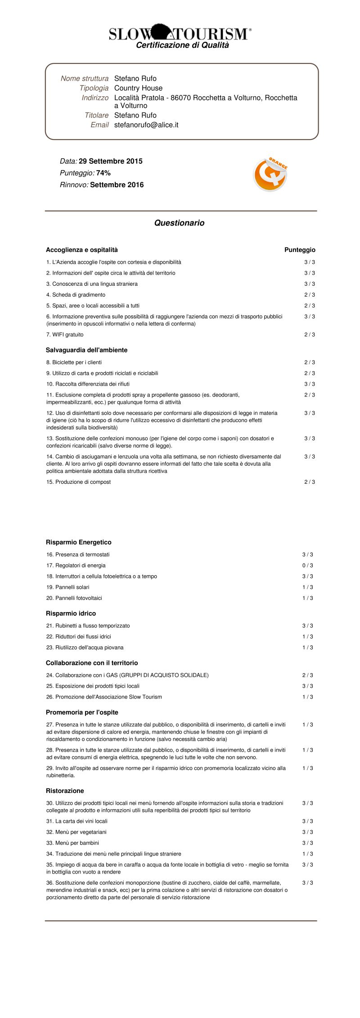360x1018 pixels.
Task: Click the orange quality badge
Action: [x=270, y=175]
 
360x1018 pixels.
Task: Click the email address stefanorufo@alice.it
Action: [x=146, y=125]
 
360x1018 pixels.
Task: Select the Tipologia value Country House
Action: [x=138, y=88]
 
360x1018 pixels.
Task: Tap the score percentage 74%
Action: [x=103, y=173]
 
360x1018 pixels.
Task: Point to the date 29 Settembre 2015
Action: [x=110, y=161]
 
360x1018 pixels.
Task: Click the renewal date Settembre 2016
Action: [x=117, y=185]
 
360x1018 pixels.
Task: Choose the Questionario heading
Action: [x=179, y=223]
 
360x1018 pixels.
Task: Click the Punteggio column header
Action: [x=300, y=250]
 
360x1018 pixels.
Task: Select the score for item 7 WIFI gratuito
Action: [x=309, y=334]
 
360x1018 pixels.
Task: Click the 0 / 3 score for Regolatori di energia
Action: [x=307, y=565]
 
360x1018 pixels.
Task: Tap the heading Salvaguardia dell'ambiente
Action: [x=86, y=350]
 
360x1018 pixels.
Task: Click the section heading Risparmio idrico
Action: [x=71, y=613]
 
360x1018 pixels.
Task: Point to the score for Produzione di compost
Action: [x=309, y=482]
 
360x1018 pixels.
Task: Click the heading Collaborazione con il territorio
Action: [x=92, y=662]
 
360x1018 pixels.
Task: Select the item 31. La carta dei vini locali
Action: [x=76, y=821]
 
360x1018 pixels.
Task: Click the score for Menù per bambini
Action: [x=307, y=842]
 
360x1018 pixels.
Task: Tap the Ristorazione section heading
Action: [x=65, y=790]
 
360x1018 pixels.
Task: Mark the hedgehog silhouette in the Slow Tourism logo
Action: [x=161, y=32]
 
